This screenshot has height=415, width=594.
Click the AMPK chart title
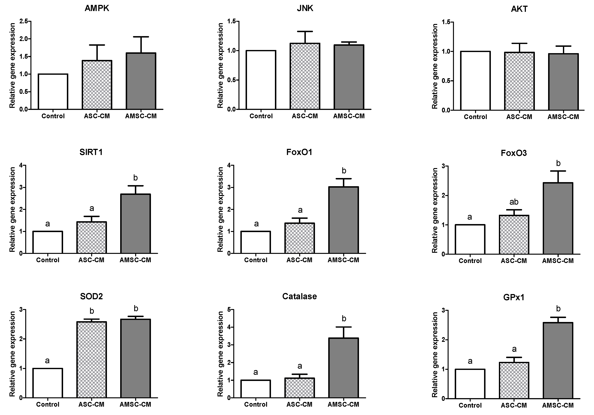click(x=97, y=8)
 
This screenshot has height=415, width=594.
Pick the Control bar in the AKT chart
click(x=476, y=81)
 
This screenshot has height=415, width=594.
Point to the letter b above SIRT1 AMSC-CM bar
click(x=135, y=178)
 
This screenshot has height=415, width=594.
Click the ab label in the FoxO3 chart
click(x=514, y=202)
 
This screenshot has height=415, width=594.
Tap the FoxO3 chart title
click(x=514, y=153)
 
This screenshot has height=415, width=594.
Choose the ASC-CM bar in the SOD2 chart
click(x=92, y=360)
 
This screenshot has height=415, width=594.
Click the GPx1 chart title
click(x=514, y=297)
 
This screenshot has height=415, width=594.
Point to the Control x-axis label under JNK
click(x=261, y=116)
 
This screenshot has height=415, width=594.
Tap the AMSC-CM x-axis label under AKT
click(x=563, y=117)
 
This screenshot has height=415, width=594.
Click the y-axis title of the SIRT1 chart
click(x=12, y=209)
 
